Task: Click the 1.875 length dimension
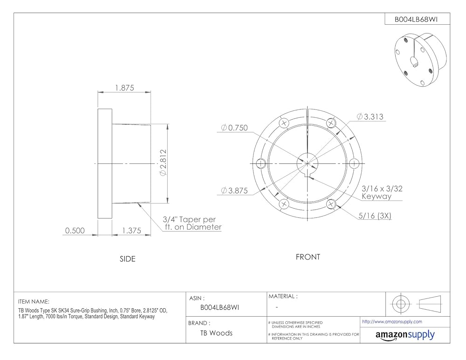124,88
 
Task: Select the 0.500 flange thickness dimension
75,231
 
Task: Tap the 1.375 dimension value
131,231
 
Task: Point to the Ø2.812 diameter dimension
163,163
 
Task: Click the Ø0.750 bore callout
234,128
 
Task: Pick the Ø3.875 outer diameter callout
234,190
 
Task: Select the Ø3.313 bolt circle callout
370,117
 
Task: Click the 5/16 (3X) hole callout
375,216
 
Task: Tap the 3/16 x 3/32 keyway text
382,192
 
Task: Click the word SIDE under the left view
128,259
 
